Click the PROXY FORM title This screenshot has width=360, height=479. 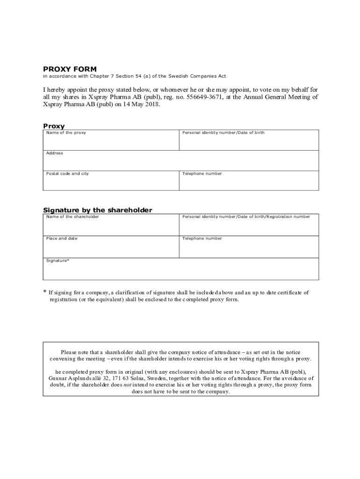[70, 69]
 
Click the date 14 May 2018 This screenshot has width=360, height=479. [140, 105]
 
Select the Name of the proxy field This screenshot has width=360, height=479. [111, 140]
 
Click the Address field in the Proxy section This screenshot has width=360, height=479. [180, 161]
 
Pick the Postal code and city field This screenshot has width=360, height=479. [111, 181]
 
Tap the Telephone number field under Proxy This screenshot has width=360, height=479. [249, 181]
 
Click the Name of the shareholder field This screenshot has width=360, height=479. [111, 225]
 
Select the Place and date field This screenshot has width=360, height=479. [111, 247]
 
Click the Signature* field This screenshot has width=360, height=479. [180, 269]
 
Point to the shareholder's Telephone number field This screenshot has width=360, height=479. [249, 247]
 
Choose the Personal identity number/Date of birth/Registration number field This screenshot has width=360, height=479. [249, 225]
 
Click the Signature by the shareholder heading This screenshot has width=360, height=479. [98, 210]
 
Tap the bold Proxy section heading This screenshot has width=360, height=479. [54, 126]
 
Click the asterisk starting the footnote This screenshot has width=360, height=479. [45, 292]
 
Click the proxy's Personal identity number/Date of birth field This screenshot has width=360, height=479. [249, 140]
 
